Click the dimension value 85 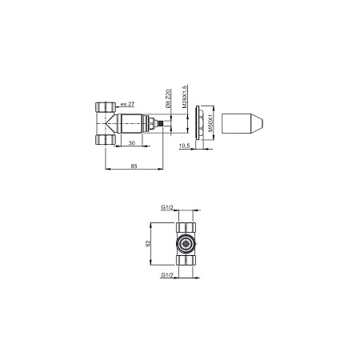[x=134, y=166]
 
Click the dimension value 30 [x=132, y=143]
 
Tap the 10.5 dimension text [x=184, y=146]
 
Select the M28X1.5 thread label [x=185, y=97]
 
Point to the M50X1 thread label [x=210, y=123]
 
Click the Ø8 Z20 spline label [x=168, y=98]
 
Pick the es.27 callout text [x=127, y=104]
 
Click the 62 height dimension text [x=148, y=243]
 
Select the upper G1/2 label [x=167, y=207]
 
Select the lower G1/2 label [x=167, y=275]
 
